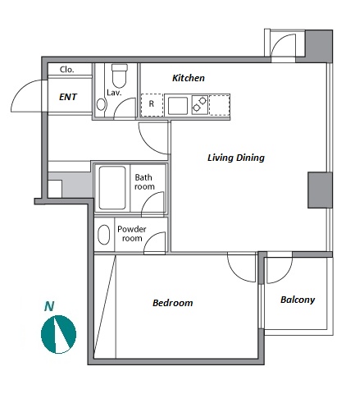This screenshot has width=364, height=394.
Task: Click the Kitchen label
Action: click(x=189, y=78)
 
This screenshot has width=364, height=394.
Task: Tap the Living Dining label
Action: click(x=236, y=158)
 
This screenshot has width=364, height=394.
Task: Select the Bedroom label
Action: click(x=172, y=303)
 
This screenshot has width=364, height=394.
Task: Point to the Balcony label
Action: click(x=298, y=300)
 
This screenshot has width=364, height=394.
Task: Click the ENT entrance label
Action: click(x=68, y=97)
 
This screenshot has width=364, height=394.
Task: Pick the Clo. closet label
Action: click(x=66, y=70)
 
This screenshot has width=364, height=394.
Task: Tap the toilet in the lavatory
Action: click(x=120, y=76)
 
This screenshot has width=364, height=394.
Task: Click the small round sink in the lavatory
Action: click(x=101, y=104)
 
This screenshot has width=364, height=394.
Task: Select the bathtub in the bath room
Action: click(x=112, y=188)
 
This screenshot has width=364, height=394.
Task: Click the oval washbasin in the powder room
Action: click(x=104, y=235)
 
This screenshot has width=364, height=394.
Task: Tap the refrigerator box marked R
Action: click(x=152, y=105)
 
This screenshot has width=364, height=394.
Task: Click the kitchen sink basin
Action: click(x=178, y=106)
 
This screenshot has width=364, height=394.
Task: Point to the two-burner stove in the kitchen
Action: click(x=199, y=104)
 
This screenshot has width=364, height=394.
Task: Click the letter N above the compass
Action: click(x=49, y=306)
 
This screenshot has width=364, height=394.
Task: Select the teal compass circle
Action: click(x=58, y=334)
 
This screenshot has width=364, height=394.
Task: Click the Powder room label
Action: click(x=132, y=234)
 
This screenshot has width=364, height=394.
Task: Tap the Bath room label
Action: click(x=144, y=182)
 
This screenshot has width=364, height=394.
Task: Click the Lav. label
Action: click(x=114, y=93)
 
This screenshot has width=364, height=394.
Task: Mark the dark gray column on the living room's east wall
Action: click(x=320, y=190)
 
